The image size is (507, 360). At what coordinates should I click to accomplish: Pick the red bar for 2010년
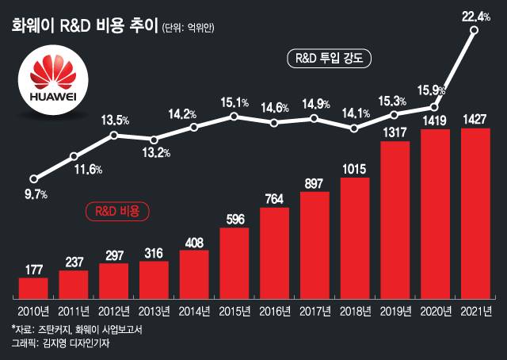(x=33, y=285)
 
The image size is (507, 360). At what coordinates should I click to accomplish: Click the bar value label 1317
(x=394, y=132)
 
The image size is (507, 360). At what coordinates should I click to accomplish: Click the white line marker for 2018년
(x=354, y=128)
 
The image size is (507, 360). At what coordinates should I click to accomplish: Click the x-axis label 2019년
(x=394, y=308)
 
